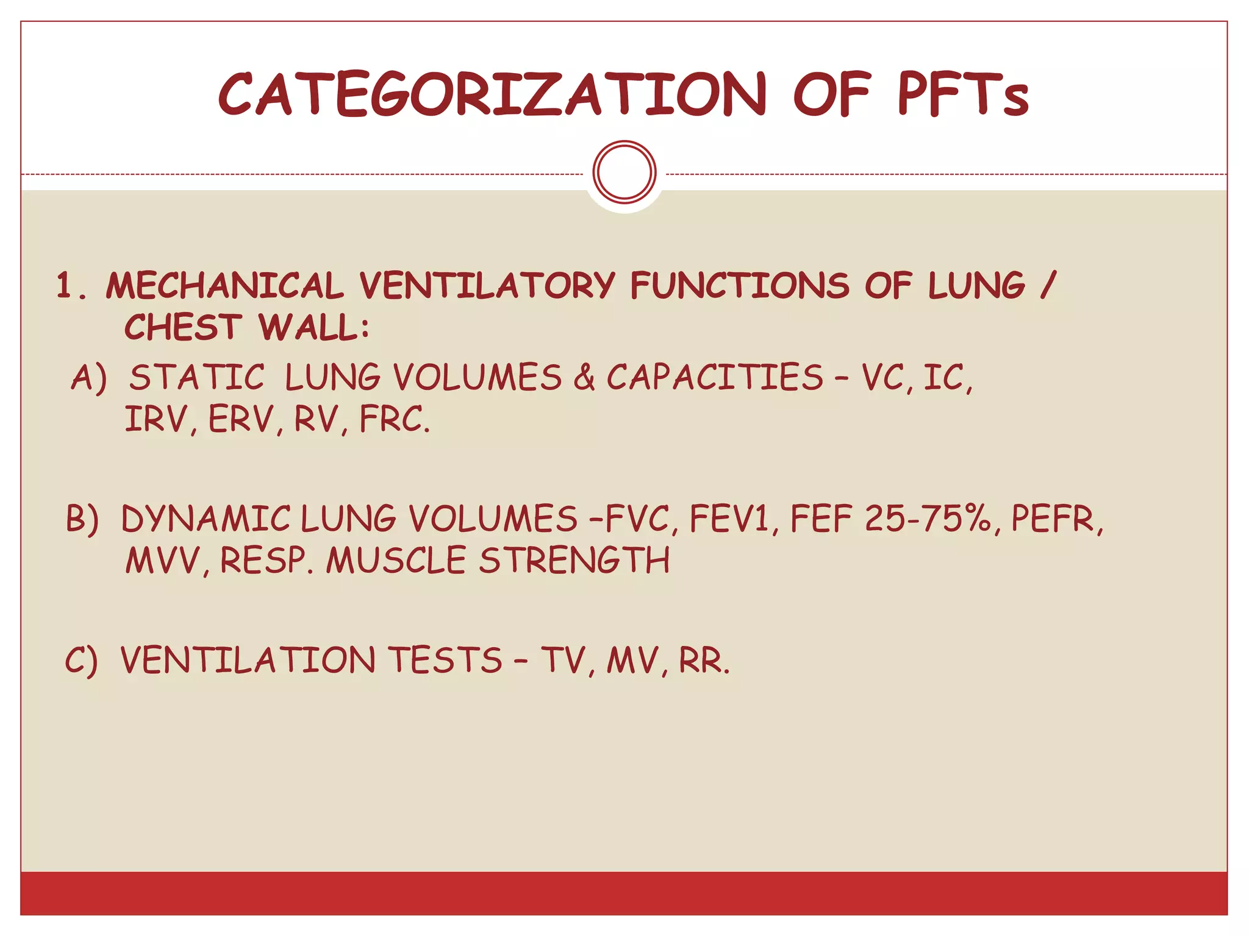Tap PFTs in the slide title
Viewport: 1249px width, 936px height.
(964, 94)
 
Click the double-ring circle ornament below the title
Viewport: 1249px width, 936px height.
(624, 172)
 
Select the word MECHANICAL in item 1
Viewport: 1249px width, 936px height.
(224, 286)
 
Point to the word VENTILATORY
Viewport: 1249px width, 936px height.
(487, 286)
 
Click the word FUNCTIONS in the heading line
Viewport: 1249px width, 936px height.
(739, 286)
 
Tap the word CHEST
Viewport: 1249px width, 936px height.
(183, 327)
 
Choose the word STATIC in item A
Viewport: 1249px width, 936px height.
(197, 377)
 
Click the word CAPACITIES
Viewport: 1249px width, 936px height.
(715, 377)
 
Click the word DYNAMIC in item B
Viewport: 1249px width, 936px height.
(206, 519)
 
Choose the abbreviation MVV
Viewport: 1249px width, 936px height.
(163, 561)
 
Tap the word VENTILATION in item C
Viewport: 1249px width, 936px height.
(248, 660)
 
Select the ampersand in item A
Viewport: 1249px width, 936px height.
(584, 377)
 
